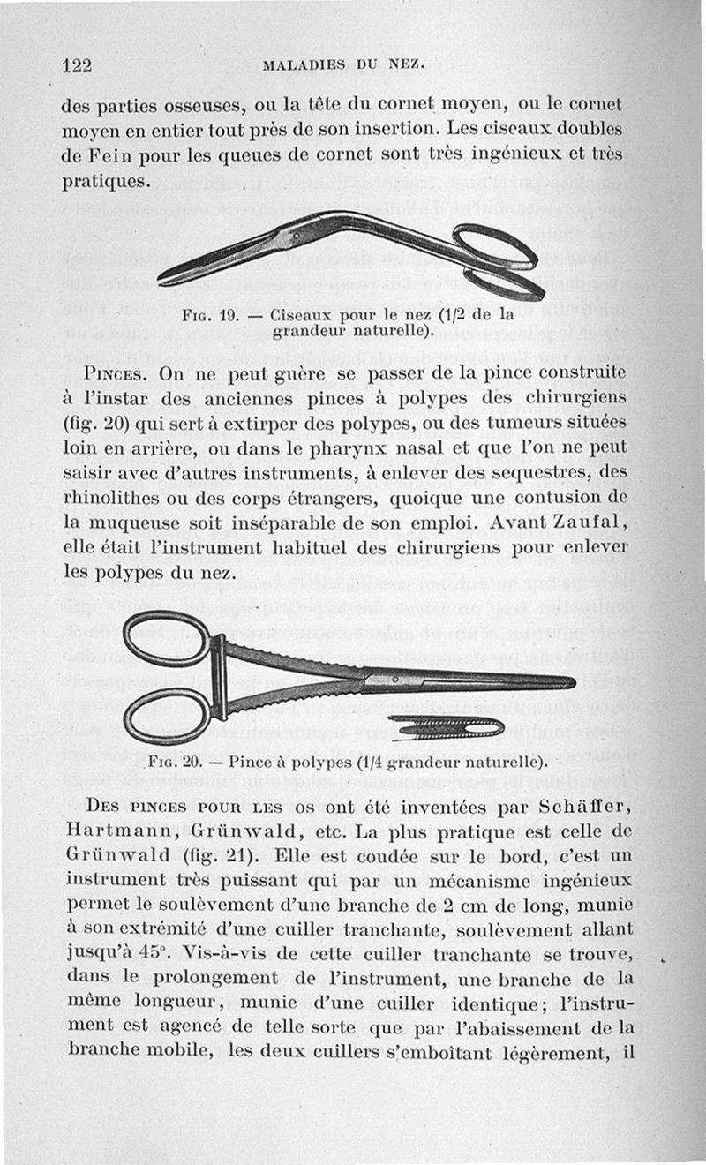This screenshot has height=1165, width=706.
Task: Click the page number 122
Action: [78, 64]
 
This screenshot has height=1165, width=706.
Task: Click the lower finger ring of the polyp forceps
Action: [166, 716]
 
